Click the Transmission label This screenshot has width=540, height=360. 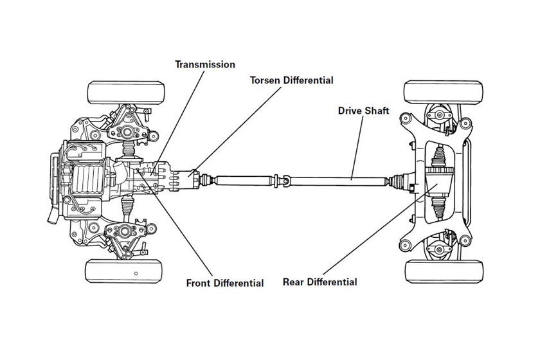[206, 64]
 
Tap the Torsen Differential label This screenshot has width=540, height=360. [292, 80]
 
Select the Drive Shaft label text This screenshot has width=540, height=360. [364, 111]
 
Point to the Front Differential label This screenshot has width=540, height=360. [224, 283]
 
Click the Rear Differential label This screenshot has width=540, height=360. [320, 282]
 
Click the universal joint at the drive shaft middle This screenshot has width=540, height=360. [283, 180]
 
